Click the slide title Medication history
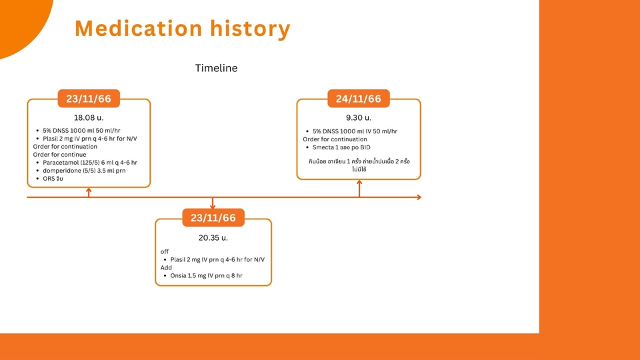pos(182,29)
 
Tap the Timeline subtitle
pos(216,68)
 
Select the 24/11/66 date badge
pos(359,99)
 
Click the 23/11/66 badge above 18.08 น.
pos(89,99)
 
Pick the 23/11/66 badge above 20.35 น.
pos(213,218)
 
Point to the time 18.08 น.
pos(89,117)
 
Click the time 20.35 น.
pos(213,237)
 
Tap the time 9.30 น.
pos(359,117)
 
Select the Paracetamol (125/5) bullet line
pos(90,163)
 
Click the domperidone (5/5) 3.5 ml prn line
pos(84,171)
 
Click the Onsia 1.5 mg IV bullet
pos(207,275)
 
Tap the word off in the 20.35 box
pos(165,251)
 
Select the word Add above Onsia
pos(166,267)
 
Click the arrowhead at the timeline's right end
pos(419,197)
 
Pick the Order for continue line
pos(59,155)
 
